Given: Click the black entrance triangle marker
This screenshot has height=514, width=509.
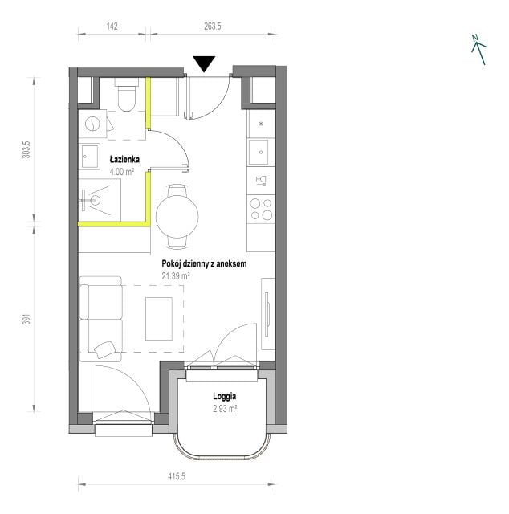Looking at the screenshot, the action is click(x=204, y=63).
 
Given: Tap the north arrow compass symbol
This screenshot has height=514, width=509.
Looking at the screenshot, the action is click(x=478, y=50).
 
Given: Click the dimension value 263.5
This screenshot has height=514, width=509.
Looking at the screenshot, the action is click(x=213, y=27).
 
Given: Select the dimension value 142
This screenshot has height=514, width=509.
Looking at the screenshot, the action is click(x=112, y=27).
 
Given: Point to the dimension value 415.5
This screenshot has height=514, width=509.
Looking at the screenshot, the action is click(x=177, y=476).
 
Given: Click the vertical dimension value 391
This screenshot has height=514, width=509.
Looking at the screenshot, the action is click(x=26, y=320).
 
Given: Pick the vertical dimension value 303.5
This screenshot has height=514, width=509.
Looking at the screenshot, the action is click(x=26, y=150).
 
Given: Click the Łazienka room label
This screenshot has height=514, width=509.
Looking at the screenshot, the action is click(x=124, y=160).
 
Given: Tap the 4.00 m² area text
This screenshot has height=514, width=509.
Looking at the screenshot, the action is click(x=122, y=171).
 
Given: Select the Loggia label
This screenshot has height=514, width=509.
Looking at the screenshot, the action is click(x=225, y=396).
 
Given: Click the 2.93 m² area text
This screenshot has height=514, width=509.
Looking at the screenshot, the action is click(x=225, y=409).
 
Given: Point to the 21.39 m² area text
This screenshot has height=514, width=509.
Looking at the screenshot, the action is click(x=176, y=276).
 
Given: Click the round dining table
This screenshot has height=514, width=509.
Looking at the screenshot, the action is click(x=177, y=216).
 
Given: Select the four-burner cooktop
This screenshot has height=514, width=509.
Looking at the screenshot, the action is click(x=261, y=209).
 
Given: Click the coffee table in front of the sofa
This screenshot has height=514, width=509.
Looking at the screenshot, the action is click(x=159, y=319).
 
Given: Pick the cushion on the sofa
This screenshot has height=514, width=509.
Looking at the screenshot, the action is click(x=105, y=350).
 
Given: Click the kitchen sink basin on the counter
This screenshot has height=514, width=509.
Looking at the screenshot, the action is click(x=259, y=152).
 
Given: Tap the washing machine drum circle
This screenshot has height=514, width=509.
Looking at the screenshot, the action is click(x=92, y=124).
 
